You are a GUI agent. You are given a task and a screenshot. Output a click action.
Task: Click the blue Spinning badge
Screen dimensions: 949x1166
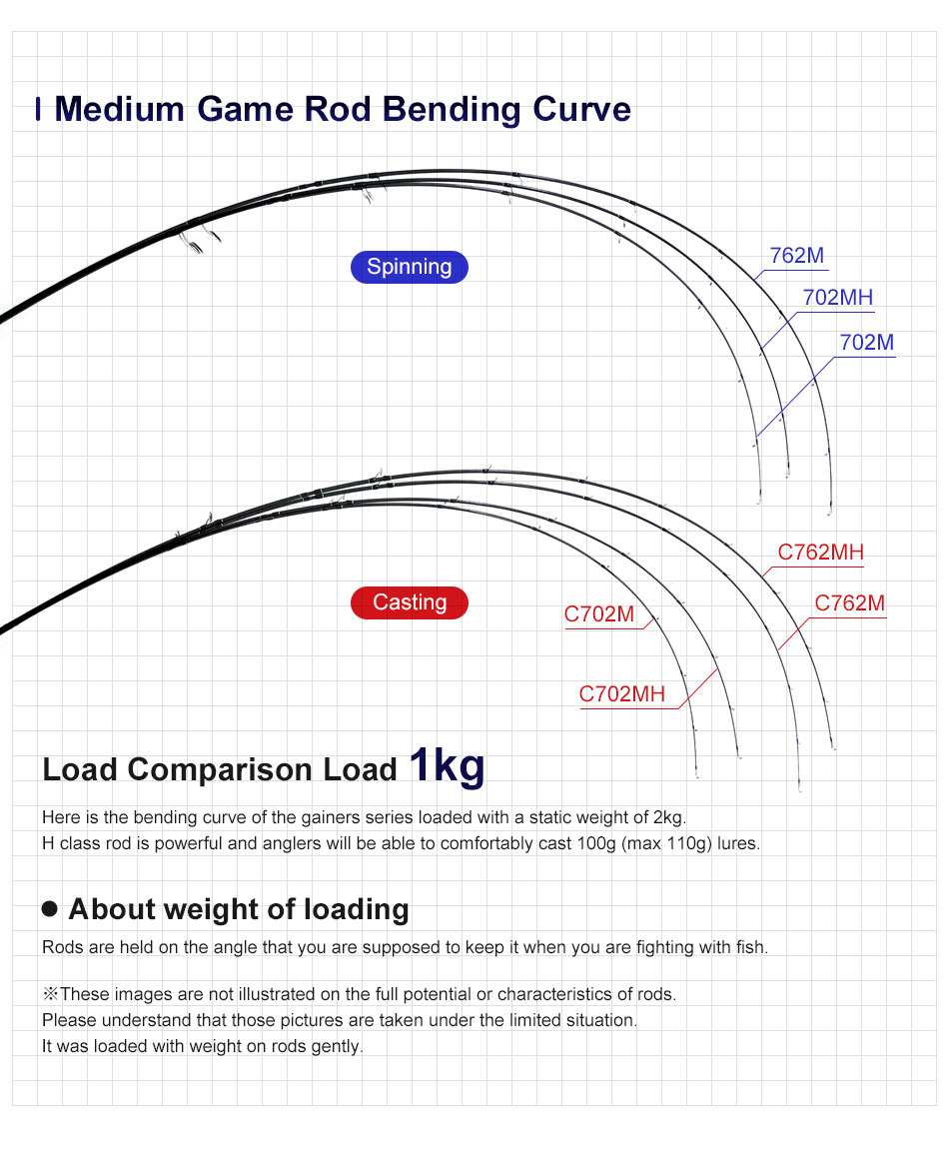410,267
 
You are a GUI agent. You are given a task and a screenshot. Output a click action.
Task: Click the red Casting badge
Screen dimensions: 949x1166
410,602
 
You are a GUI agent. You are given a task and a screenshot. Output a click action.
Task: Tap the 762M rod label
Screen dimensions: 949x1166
796,256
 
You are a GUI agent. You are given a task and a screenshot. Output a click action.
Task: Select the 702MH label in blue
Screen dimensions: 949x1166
837,298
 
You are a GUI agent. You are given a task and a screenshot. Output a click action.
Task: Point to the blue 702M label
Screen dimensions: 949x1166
866,343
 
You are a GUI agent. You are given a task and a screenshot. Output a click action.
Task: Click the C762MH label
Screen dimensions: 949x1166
820,553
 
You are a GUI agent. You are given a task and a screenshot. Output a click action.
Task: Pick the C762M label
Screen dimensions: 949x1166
849,603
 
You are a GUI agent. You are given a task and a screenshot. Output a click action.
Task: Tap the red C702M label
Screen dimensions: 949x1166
598,614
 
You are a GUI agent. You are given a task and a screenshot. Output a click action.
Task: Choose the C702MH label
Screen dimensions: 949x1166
621,694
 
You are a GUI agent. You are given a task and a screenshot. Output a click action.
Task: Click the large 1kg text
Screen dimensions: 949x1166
447,765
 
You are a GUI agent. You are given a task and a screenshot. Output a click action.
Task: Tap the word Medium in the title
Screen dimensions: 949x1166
120,110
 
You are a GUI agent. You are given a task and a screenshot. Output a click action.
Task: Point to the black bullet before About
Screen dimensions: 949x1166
50,908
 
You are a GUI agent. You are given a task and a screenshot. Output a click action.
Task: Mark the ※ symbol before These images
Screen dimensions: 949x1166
50,994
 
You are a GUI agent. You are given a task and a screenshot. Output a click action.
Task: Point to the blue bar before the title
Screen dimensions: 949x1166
38,109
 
